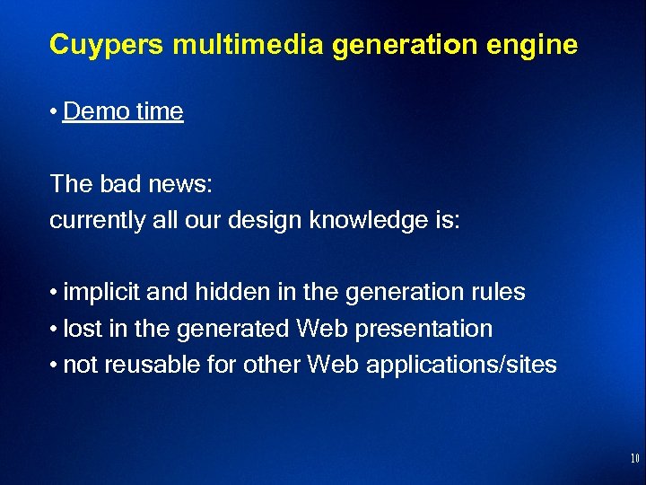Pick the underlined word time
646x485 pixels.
point(159,111)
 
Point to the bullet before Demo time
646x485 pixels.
point(55,112)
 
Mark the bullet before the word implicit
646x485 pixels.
point(55,293)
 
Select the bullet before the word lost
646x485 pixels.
point(55,330)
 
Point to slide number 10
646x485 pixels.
point(634,459)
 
